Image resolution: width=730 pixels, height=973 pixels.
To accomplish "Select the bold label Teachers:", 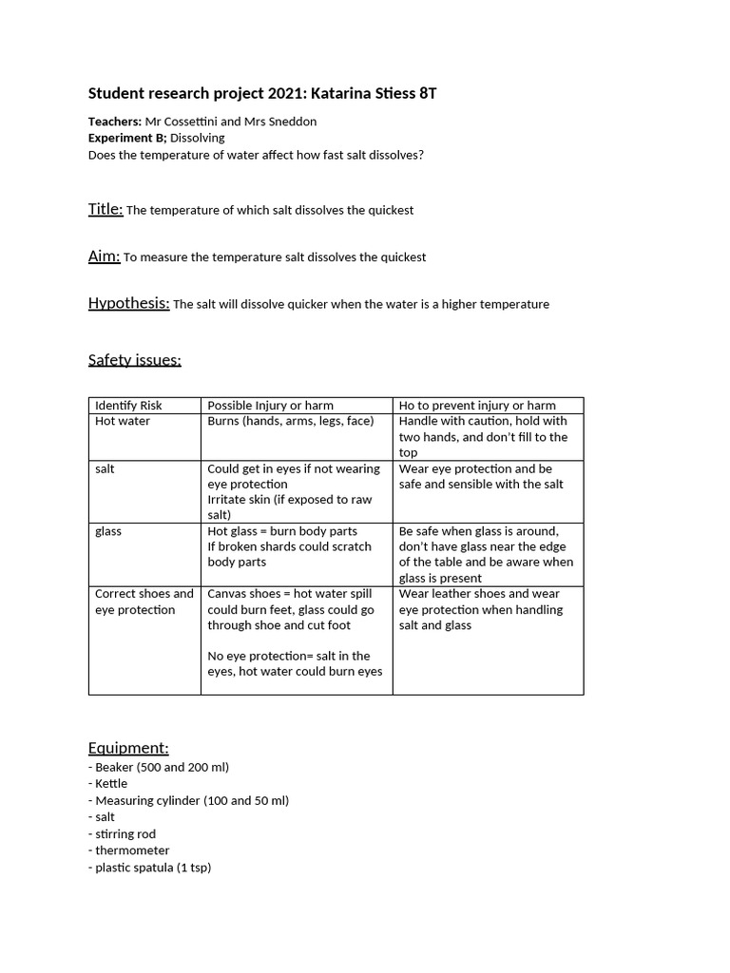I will click(x=115, y=122).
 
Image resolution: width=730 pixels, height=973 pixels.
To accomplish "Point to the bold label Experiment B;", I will click(x=126, y=138).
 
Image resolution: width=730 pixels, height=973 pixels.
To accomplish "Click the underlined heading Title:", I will click(x=106, y=209).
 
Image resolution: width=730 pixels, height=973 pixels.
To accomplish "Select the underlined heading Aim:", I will click(x=105, y=257).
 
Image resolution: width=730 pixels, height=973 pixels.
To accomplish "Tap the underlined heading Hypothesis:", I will click(x=129, y=304).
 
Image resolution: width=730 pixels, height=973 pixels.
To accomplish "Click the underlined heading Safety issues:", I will click(x=134, y=359).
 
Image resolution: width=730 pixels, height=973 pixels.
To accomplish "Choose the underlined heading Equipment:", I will click(x=128, y=748).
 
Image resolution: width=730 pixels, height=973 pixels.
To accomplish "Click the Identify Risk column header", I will click(x=129, y=406).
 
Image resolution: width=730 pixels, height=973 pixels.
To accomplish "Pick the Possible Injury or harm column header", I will click(x=271, y=406).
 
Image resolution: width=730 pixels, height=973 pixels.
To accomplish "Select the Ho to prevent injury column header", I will click(x=477, y=406).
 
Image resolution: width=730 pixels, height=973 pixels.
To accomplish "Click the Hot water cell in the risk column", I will click(x=123, y=421).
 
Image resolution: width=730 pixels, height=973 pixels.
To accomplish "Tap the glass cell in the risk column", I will click(x=108, y=531).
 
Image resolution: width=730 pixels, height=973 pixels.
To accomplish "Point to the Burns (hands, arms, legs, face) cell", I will click(x=291, y=421).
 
